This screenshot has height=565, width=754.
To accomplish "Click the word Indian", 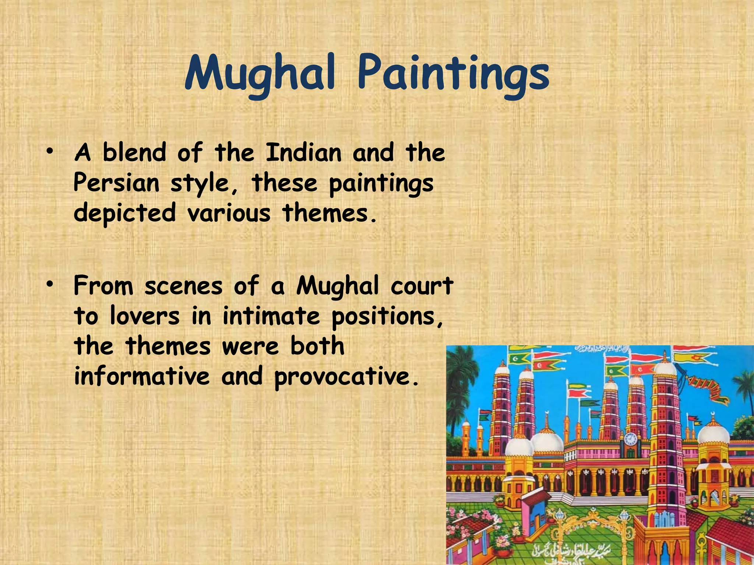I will (x=303, y=152).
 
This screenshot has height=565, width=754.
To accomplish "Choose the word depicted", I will (x=124, y=213).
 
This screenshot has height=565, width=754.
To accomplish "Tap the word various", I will (x=229, y=213).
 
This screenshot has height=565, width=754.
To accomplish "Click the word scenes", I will (x=183, y=286).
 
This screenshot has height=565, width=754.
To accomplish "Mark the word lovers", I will (x=145, y=316).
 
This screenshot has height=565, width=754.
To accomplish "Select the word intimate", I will (x=271, y=316).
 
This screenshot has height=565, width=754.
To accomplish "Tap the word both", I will (x=317, y=347).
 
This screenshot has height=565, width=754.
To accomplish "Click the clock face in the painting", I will (x=630, y=439).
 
